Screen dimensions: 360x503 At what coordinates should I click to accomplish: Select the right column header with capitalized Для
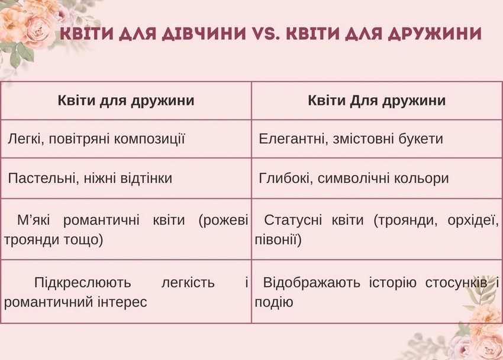click(x=377, y=101)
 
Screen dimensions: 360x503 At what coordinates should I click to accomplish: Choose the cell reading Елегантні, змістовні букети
click(x=351, y=139)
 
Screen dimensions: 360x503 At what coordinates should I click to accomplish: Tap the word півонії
click(x=278, y=240)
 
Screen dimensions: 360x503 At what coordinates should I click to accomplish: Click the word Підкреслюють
click(x=82, y=282)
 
